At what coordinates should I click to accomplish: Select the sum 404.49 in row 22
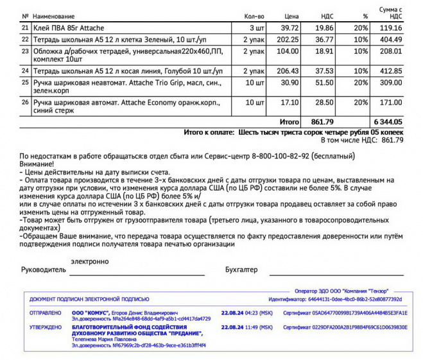pyautogui.click(x=390, y=39)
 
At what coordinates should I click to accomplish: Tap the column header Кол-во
pyautogui.click(x=254, y=15)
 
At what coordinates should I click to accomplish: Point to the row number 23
pyautogui.click(x=25, y=50)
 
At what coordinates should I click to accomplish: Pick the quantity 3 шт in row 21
pyautogui.click(x=256, y=28)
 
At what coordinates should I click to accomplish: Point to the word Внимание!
pyautogui.click(x=37, y=164)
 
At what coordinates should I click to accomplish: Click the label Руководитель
pyautogui.click(x=44, y=270)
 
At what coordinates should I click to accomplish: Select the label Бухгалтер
pyautogui.click(x=241, y=270)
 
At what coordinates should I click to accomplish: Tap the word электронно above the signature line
pyautogui.click(x=90, y=261)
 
